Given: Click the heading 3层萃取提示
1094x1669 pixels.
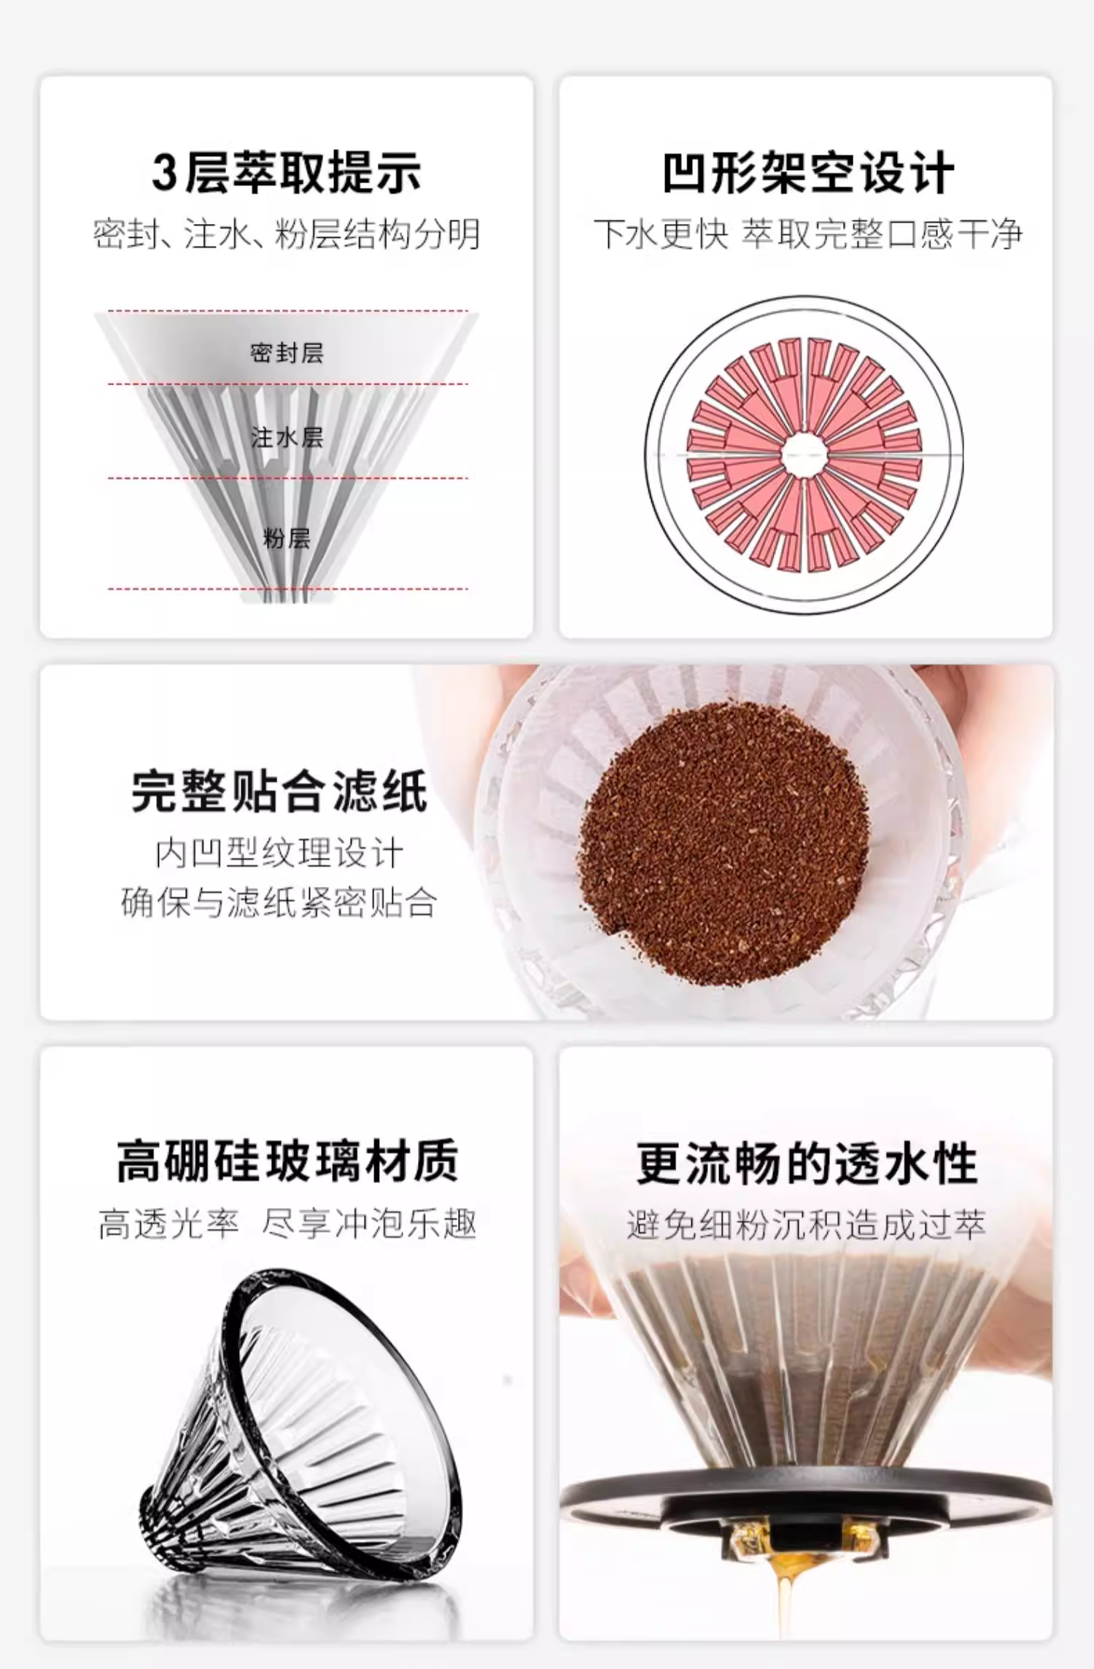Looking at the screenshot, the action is (286, 173).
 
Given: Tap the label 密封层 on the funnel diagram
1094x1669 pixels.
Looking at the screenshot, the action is (287, 354).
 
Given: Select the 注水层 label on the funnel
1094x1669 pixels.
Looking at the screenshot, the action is (287, 438).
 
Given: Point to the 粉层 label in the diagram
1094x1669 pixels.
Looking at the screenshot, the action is (287, 539).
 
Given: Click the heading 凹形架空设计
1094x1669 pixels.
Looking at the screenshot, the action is (808, 173).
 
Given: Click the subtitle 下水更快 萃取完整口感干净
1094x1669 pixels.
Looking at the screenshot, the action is (808, 234).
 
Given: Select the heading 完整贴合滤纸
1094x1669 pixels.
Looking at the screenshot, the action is (279, 791).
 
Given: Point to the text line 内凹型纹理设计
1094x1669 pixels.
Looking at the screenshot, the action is (279, 853).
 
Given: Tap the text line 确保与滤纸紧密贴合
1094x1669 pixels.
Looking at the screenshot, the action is (279, 903).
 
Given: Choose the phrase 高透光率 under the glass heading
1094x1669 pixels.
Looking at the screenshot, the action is (169, 1223).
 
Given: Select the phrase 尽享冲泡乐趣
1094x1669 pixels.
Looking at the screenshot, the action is (369, 1223).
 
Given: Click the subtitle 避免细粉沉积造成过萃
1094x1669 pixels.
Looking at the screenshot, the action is (807, 1224).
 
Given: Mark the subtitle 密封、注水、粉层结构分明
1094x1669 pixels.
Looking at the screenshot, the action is (287, 234).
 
